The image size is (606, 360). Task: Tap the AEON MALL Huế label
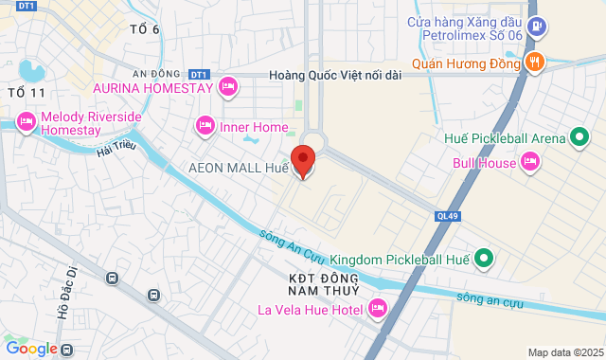point(238,168)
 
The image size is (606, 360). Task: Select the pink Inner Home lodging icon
point(205,126)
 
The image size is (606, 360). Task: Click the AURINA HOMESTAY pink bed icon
point(227,87)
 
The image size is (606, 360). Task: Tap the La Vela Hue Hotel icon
point(378,309)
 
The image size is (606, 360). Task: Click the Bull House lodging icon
point(531,163)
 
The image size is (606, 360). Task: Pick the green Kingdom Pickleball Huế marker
point(484,258)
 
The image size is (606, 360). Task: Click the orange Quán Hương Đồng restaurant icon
point(535,63)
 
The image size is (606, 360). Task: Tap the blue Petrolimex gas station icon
point(536,26)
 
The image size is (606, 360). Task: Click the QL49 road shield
point(448,215)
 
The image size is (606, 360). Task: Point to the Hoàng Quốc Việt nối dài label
point(335,74)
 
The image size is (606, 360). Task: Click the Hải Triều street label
point(117,153)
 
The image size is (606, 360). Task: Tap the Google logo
point(30,349)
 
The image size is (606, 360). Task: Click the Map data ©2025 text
point(565,352)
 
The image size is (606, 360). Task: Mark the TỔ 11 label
point(26,93)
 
